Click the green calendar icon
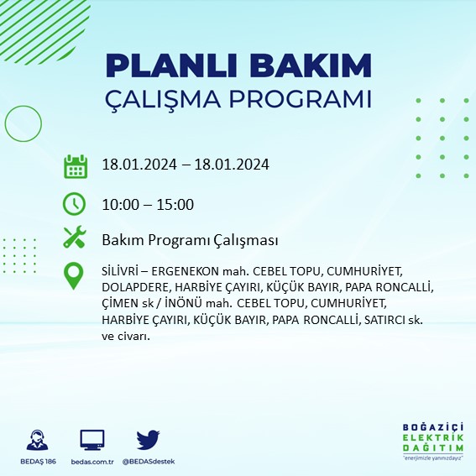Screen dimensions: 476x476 coord(76,165)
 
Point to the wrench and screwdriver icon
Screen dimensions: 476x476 coord(76,238)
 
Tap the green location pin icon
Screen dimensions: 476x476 coord(76,276)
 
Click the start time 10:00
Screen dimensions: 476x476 coord(118,204)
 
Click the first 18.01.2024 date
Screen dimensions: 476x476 coord(137,165)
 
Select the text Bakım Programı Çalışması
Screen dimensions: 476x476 coord(189,240)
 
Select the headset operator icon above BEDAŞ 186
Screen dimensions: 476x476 coord(38,440)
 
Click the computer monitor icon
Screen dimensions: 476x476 coord(92,440)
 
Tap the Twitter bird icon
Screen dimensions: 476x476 coord(148,440)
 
